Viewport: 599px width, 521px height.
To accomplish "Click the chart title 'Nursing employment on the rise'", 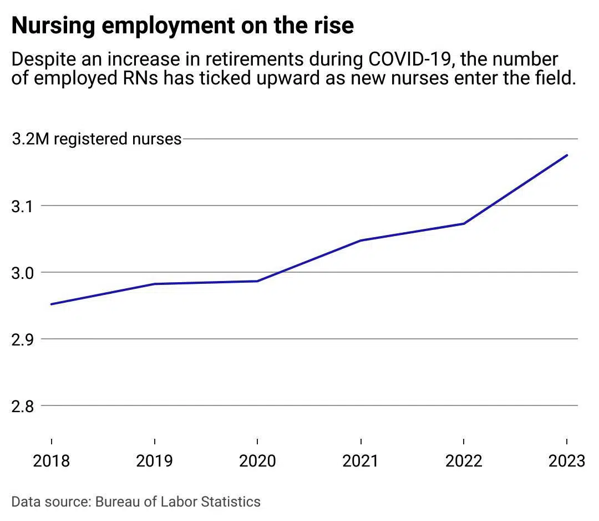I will point(182,26).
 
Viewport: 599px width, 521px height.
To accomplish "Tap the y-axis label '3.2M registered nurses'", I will point(97,139).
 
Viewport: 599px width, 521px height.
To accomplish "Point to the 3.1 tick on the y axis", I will point(23,206).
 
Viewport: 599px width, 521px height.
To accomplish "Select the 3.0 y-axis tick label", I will point(23,273).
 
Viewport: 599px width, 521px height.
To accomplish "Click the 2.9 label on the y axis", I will point(23,339).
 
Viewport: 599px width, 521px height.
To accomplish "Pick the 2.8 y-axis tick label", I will point(23,406).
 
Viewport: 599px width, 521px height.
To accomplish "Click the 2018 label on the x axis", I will point(52,461).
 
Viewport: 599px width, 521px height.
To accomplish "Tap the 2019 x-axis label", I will point(154,461).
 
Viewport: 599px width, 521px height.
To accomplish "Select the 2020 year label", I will point(257,461).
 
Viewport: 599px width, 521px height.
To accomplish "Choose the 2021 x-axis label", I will point(361,461).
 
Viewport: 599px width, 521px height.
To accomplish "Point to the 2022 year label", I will point(464,461).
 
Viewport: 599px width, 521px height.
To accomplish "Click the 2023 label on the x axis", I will point(566,461).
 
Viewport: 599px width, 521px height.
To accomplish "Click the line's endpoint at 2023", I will point(567,156).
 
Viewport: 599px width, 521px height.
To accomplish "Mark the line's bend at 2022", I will point(464,224).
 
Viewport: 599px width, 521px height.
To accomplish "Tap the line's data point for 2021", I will point(361,241).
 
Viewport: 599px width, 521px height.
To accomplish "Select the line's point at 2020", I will point(257,281).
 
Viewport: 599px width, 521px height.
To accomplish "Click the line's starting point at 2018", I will point(52,304).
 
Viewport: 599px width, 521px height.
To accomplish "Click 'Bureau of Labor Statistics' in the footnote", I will point(177,502).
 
